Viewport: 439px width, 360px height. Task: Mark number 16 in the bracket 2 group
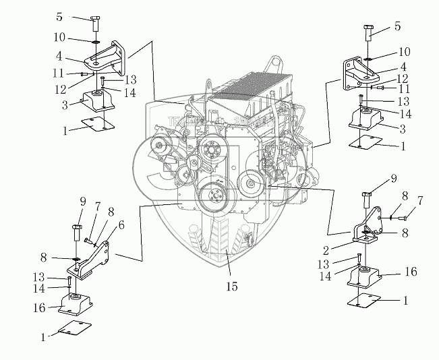[x=411, y=272]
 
